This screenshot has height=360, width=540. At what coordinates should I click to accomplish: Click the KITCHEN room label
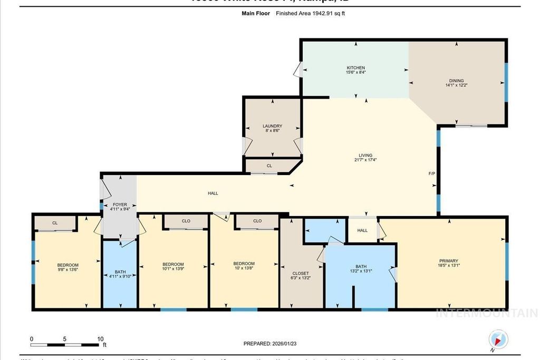[355, 68]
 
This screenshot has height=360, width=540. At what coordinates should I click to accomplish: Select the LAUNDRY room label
[272, 126]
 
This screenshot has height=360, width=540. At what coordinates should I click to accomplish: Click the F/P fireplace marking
[431, 173]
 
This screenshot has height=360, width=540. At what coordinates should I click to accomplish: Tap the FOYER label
[120, 205]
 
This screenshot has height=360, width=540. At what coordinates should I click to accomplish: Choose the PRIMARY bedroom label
[448, 260]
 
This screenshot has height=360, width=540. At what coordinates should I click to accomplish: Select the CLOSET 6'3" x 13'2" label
[300, 274]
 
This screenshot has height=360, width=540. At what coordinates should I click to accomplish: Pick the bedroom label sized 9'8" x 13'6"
[67, 265]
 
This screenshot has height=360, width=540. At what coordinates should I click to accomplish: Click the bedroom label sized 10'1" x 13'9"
[173, 264]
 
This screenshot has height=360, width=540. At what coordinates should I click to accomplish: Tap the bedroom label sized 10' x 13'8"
[244, 264]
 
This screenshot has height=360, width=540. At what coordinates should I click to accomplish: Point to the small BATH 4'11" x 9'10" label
[120, 272]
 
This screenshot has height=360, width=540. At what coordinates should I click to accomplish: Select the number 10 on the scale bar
[100, 339]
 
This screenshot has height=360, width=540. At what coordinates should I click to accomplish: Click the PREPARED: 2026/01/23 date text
[269, 344]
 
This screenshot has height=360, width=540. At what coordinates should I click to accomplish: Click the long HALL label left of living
[213, 193]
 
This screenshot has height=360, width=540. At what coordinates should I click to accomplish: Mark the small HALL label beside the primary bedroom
[362, 230]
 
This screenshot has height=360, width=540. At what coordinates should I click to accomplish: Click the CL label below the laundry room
[269, 166]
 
